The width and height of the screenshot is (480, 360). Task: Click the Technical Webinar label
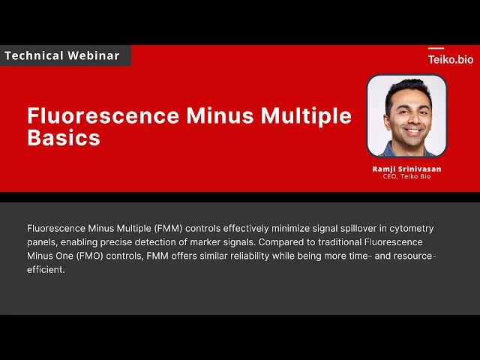(x=62, y=55)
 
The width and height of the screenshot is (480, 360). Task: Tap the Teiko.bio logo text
(x=451, y=59)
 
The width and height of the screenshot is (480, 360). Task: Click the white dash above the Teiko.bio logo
(x=436, y=48)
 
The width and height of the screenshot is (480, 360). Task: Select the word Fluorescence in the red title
(x=103, y=115)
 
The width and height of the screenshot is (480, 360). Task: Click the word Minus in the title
(x=220, y=115)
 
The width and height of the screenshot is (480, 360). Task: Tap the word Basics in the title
(x=64, y=137)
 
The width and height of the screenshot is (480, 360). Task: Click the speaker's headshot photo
(x=406, y=116)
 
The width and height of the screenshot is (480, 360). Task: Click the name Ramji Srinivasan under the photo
(x=406, y=169)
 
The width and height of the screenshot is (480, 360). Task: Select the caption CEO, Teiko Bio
(x=406, y=176)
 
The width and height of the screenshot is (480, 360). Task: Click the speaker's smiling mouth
(x=412, y=132)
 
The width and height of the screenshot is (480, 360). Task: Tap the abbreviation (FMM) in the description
(x=168, y=228)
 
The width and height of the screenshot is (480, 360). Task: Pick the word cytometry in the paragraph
(x=412, y=229)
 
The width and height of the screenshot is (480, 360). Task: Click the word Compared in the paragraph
(x=283, y=242)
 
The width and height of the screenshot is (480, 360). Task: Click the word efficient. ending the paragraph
(x=46, y=269)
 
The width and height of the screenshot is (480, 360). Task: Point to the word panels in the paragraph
(x=42, y=242)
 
